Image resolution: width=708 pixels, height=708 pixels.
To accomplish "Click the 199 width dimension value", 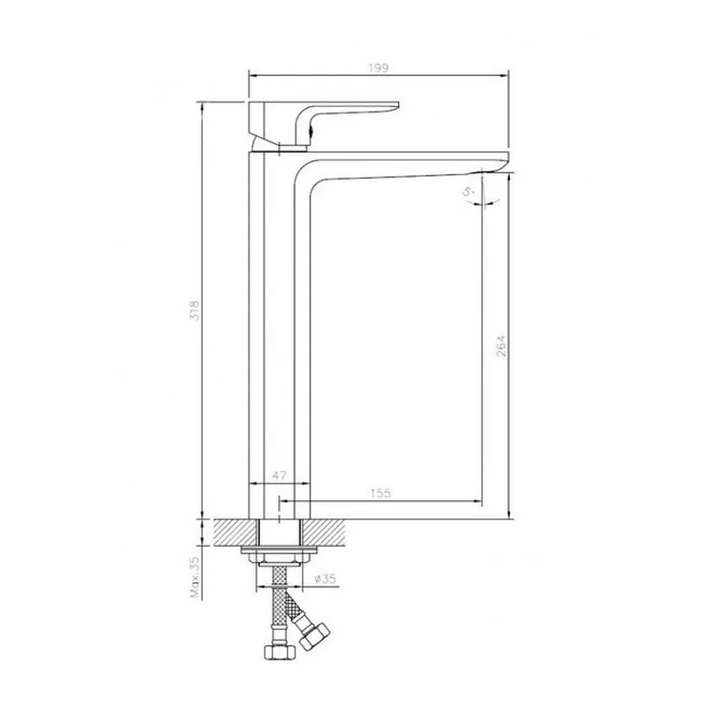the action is point(379,68).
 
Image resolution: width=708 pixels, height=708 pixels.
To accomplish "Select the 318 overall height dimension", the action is point(194,310).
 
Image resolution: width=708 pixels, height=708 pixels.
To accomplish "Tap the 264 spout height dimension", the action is point(501,346).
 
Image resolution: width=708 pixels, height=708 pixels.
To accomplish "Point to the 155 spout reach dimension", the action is point(381,493).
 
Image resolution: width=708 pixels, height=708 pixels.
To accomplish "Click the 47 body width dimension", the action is point(279,475).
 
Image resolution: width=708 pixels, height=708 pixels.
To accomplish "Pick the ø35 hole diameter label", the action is point(326,579).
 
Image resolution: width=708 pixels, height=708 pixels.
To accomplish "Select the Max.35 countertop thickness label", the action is point(195,577).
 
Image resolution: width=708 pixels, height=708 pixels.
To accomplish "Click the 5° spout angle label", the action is point(469,192).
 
